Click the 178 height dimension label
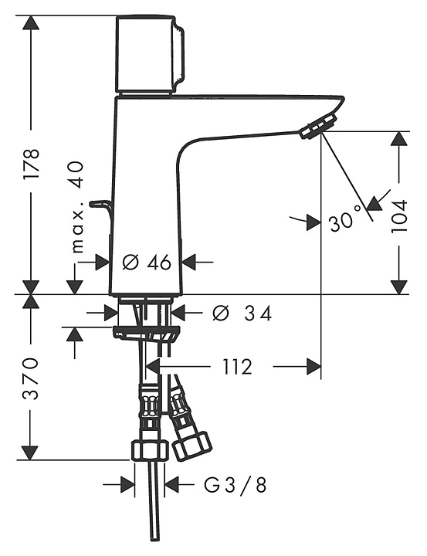31,164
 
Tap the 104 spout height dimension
399,216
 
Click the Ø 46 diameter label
147,263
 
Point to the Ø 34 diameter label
242,314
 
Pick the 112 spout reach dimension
237,367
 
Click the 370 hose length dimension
31,378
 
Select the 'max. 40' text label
77,208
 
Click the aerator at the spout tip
318,126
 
